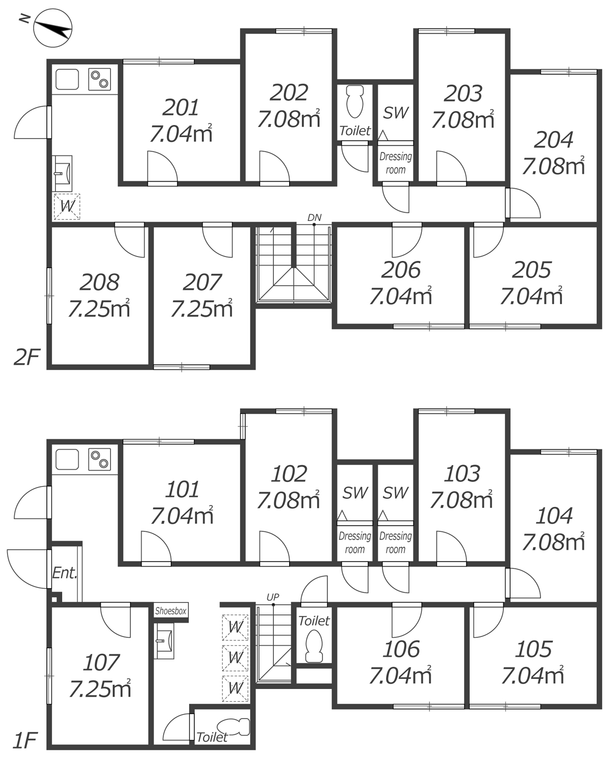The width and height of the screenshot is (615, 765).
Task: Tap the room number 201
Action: [x=180, y=108]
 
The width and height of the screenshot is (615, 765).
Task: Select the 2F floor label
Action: [x=27, y=358]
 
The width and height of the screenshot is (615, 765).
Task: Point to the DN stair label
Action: [x=314, y=218]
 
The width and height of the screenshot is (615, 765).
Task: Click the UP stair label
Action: [x=273, y=597]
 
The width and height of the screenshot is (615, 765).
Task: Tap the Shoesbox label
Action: [x=171, y=611]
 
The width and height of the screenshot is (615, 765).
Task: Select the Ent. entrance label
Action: [x=65, y=573]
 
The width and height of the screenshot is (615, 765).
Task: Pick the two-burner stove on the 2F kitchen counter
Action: [x=99, y=79]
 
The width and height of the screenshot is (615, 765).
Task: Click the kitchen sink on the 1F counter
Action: [x=67, y=460]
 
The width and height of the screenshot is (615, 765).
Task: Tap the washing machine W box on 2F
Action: [x=67, y=207]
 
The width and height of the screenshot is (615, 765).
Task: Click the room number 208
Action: [x=99, y=282]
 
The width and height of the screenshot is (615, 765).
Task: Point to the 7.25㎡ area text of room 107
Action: [x=100, y=690]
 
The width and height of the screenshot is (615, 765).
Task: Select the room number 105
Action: [x=533, y=649]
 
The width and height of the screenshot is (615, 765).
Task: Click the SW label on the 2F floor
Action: [x=396, y=113]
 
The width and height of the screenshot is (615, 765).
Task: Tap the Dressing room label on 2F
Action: [x=396, y=163]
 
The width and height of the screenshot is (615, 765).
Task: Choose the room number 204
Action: [x=553, y=140]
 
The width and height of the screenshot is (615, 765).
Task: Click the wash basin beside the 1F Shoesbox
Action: [x=164, y=641]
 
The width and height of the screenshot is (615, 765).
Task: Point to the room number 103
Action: [x=462, y=473]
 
